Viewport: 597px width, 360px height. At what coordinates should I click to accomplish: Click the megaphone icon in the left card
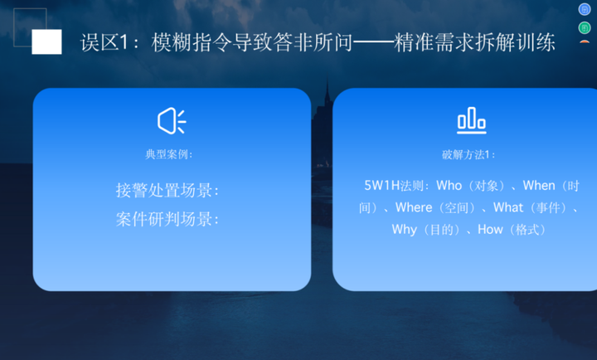[x=172, y=121]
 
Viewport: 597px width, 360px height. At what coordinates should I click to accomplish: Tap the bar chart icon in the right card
[x=471, y=120]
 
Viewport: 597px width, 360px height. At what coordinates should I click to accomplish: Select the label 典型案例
[x=167, y=154]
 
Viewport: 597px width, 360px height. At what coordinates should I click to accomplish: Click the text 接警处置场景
[x=163, y=190]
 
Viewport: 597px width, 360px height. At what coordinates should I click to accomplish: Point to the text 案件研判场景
[x=163, y=219]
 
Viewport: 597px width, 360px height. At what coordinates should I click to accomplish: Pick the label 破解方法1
[x=466, y=154]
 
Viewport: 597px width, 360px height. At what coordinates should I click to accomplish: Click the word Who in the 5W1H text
[x=449, y=186]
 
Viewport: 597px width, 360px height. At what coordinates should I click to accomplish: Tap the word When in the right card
[x=539, y=186]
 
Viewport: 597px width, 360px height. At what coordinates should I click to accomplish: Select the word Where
[x=414, y=207]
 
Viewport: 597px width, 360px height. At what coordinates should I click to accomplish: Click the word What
[x=508, y=207]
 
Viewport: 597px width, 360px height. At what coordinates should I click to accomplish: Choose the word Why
[x=405, y=230]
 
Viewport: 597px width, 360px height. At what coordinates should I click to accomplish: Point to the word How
[x=490, y=230]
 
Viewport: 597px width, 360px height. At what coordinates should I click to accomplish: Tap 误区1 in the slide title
[x=104, y=42]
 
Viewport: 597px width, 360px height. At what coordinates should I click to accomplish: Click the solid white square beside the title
[x=46, y=41]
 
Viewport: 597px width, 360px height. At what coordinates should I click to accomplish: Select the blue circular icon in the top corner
[x=585, y=9]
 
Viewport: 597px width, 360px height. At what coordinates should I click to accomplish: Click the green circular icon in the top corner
[x=585, y=28]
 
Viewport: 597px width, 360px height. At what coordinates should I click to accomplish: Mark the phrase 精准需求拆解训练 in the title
[x=474, y=42]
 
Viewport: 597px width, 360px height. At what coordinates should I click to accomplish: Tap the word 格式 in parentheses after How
[x=527, y=230]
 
